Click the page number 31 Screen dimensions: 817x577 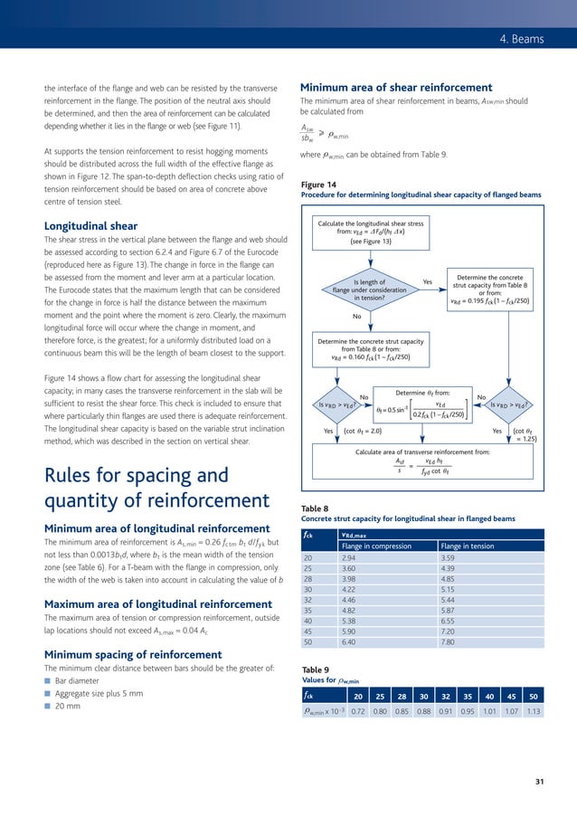coord(540,782)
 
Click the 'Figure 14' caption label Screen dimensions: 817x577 coord(317,185)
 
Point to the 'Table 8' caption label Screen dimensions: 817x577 coord(316,509)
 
